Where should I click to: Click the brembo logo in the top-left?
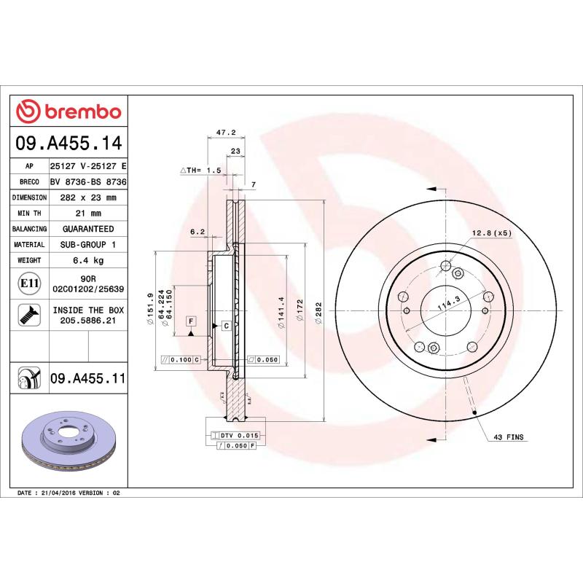click(x=69, y=111)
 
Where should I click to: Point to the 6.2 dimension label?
click(x=197, y=232)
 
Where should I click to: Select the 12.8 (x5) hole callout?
click(x=492, y=232)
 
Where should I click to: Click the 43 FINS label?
click(x=509, y=437)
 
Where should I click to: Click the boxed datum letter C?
click(x=226, y=325)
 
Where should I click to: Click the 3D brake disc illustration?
click(x=69, y=442)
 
